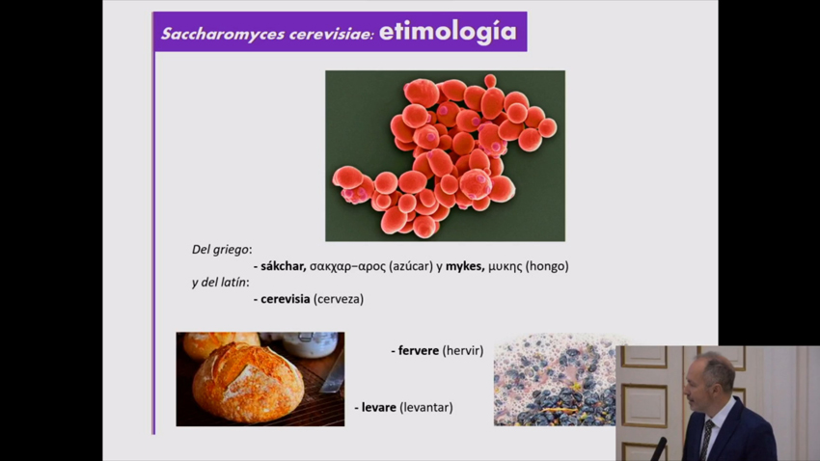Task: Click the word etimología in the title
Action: [448, 32]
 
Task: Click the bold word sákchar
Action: [283, 266]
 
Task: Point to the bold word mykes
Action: [464, 266]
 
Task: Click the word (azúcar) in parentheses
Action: [411, 266]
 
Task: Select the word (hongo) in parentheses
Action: [547, 266]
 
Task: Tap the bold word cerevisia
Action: [285, 299]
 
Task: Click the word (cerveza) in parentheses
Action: [339, 299]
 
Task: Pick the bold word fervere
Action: [419, 350]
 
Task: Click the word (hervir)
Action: [463, 350]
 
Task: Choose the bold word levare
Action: [378, 407]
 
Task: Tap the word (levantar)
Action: [426, 407]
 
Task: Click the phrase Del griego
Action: [220, 250]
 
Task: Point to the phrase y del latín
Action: [219, 283]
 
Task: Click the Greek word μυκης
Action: [506, 267]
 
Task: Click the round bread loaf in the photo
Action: [248, 382]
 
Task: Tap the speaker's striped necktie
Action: [706, 440]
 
